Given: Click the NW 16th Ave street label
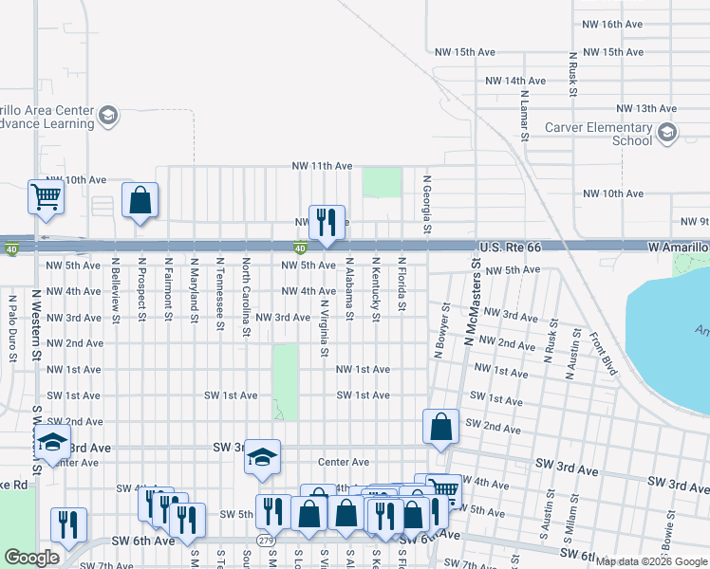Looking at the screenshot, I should [x=614, y=25].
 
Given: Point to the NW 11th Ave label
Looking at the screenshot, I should [x=322, y=166].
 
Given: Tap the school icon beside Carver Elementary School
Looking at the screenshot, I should [x=667, y=132].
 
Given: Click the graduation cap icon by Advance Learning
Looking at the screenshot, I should [x=108, y=116].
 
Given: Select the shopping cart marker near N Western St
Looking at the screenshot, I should [x=47, y=197].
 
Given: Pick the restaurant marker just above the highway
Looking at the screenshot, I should [x=327, y=222].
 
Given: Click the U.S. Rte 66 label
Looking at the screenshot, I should [x=510, y=247].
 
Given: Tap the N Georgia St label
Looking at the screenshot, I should [x=427, y=204].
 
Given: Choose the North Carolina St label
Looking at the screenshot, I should [x=246, y=297].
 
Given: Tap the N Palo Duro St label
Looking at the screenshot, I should [x=13, y=328].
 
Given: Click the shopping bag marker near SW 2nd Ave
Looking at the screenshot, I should [x=441, y=427].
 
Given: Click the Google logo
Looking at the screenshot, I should [x=31, y=558].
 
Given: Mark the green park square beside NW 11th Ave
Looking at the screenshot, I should [x=382, y=182].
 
